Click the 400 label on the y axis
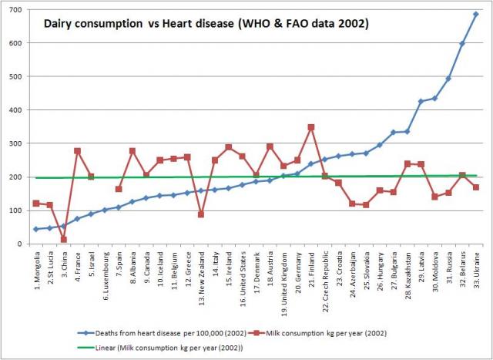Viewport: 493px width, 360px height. coord(16,110)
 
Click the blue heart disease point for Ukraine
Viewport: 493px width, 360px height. coord(475,14)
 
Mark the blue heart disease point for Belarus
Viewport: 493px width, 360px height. coord(462,44)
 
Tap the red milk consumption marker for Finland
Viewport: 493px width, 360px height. coord(310,127)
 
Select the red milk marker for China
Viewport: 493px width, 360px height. coord(63,239)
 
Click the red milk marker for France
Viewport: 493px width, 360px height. coord(77,151)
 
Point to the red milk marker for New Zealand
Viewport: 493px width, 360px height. coord(201,214)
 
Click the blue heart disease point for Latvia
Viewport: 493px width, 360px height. coord(421,102)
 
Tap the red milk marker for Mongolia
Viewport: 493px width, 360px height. coord(36,204)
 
